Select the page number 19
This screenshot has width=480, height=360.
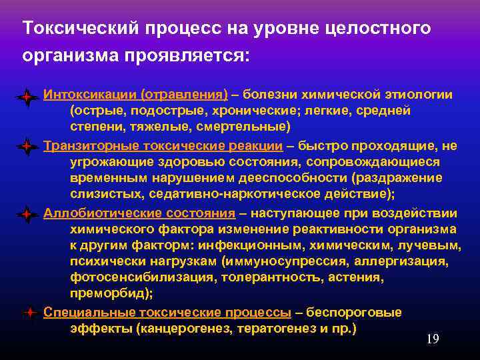(x=432, y=339)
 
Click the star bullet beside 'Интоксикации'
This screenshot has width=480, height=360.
(x=26, y=97)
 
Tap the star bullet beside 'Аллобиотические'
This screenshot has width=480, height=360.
(x=26, y=215)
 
